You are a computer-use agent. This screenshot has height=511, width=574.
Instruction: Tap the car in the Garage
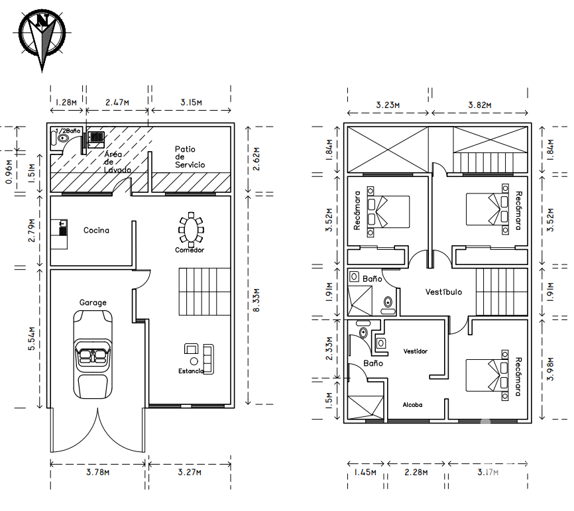[x=93, y=355]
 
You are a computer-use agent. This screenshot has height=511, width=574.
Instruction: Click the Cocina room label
[x=96, y=230]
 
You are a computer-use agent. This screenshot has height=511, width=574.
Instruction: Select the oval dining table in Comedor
[x=191, y=230]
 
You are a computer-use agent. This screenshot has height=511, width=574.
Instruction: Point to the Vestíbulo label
[x=443, y=292]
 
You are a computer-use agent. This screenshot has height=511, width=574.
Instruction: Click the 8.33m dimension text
[x=257, y=300]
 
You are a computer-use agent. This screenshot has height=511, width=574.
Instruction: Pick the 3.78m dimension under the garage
[x=97, y=472]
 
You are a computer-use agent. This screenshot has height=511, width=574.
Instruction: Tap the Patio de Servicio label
[x=190, y=156]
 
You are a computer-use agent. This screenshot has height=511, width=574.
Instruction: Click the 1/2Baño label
[x=68, y=131]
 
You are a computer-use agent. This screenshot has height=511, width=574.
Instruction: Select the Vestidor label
[x=415, y=351]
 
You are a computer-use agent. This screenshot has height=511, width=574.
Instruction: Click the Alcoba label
[x=412, y=404]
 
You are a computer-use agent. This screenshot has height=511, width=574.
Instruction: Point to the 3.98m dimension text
[x=550, y=369]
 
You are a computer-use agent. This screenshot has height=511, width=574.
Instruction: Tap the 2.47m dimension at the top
[x=117, y=103]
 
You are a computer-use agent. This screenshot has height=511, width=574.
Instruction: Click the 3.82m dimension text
[x=480, y=105]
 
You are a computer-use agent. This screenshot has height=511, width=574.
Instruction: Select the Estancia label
[x=191, y=370]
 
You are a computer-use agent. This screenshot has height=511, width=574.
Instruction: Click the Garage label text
[x=93, y=302]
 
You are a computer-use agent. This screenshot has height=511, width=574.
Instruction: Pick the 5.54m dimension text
[x=32, y=339]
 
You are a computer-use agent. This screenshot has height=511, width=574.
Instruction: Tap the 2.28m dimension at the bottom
[x=416, y=472]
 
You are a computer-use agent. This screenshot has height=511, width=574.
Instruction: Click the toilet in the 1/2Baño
[x=62, y=139]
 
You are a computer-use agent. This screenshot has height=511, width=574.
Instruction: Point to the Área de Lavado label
[x=117, y=162]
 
